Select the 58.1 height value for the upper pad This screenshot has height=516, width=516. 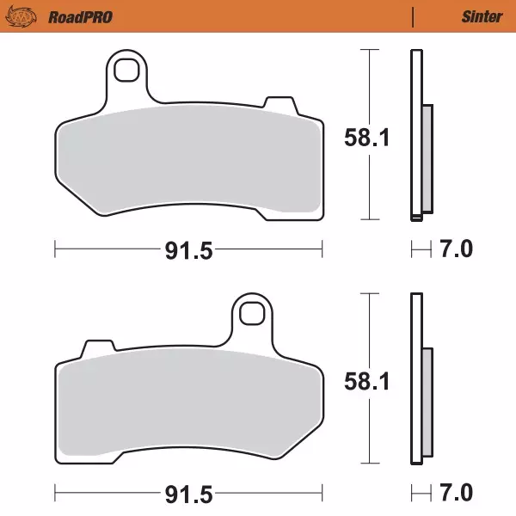tap(367, 137)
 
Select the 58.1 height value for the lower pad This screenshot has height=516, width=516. tap(367, 380)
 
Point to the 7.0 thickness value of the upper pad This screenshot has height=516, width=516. tap(456, 250)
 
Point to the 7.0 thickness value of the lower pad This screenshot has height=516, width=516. tap(456, 494)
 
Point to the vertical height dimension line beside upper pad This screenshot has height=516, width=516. tap(369, 86)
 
